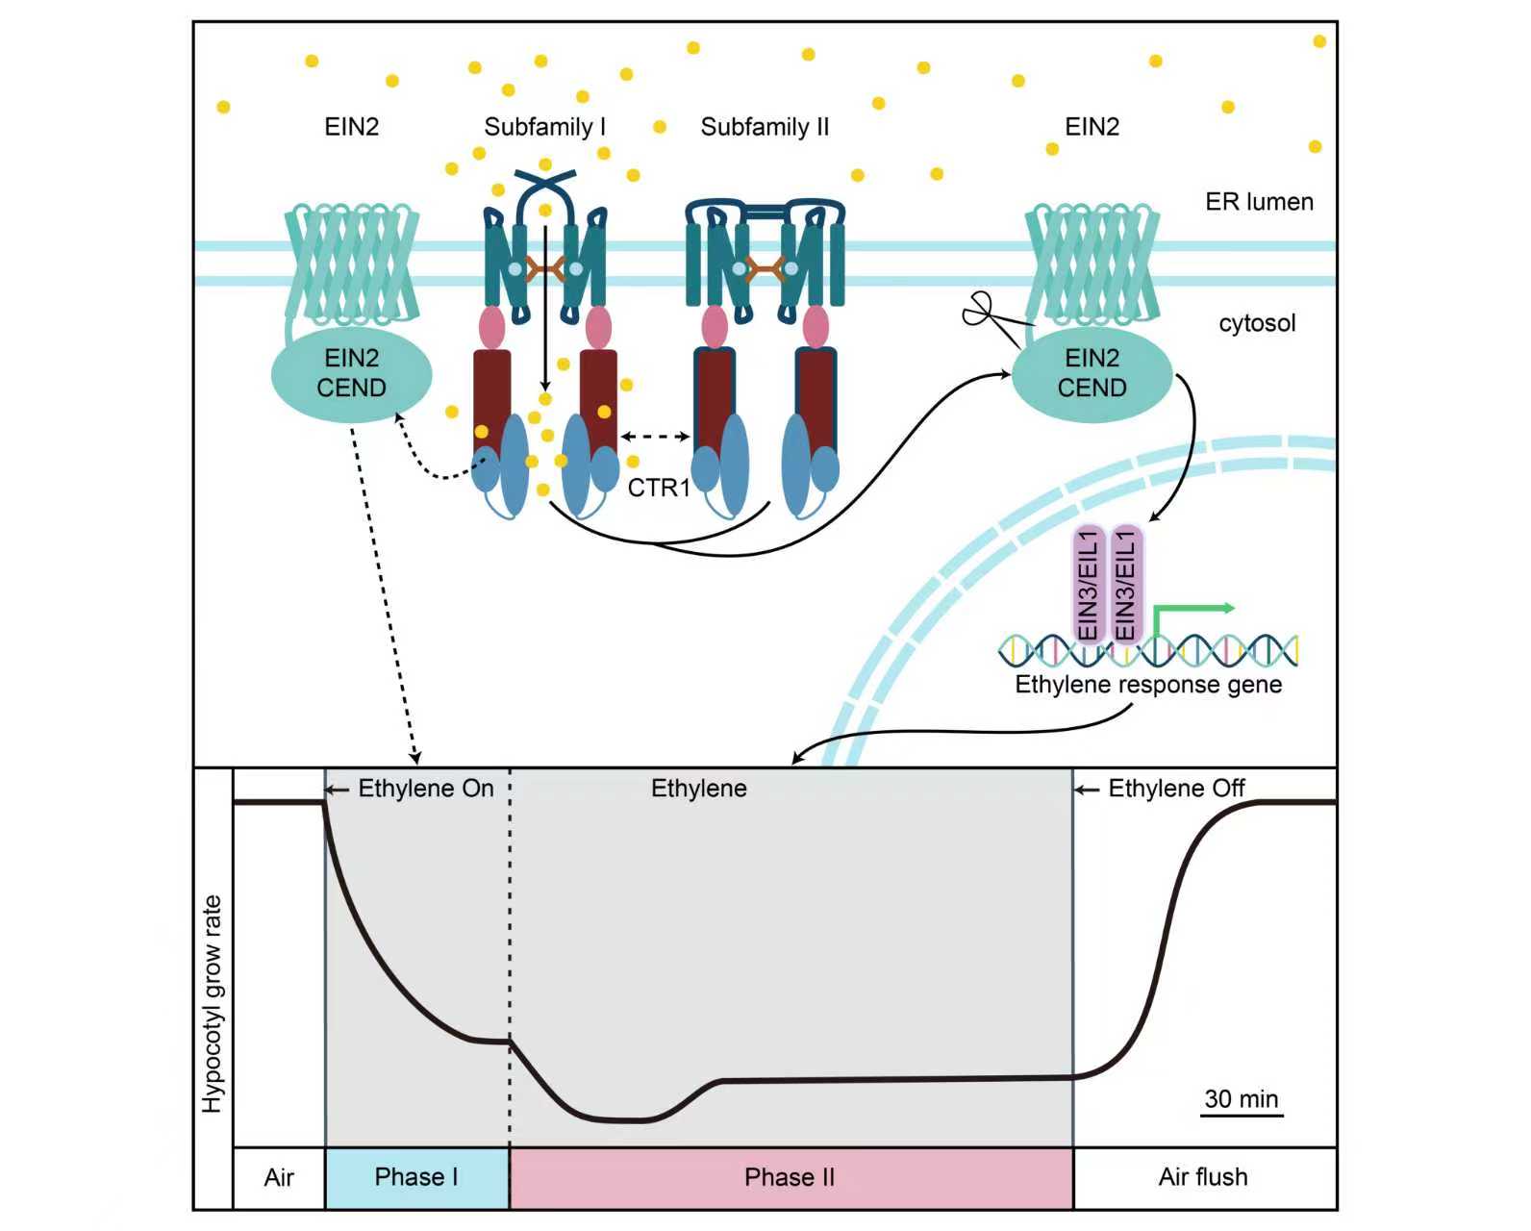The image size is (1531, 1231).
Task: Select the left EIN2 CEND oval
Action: tap(351, 374)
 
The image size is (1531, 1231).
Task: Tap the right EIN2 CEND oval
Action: tap(1092, 374)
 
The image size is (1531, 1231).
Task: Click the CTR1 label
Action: tap(659, 489)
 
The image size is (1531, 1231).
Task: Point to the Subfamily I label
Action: tap(544, 127)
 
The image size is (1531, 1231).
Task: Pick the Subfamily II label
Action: tap(765, 127)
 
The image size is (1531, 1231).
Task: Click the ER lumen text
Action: tap(1259, 202)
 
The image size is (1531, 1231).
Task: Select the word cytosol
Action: tap(1257, 323)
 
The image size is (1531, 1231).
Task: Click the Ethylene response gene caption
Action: tap(1148, 685)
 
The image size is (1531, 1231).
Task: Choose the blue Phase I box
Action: tap(416, 1177)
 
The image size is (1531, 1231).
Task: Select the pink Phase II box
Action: tap(790, 1177)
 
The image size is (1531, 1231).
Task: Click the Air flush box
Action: tap(1203, 1177)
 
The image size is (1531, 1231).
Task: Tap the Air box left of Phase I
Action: tap(279, 1177)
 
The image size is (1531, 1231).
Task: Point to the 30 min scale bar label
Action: tap(1241, 1098)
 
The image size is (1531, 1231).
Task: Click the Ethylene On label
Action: tap(425, 789)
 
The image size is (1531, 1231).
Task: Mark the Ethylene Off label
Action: tap(1175, 789)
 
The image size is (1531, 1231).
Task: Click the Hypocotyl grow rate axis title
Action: tap(213, 1004)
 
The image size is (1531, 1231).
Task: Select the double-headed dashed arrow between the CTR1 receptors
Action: tap(655, 437)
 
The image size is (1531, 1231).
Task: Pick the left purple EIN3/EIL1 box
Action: tap(1089, 585)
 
